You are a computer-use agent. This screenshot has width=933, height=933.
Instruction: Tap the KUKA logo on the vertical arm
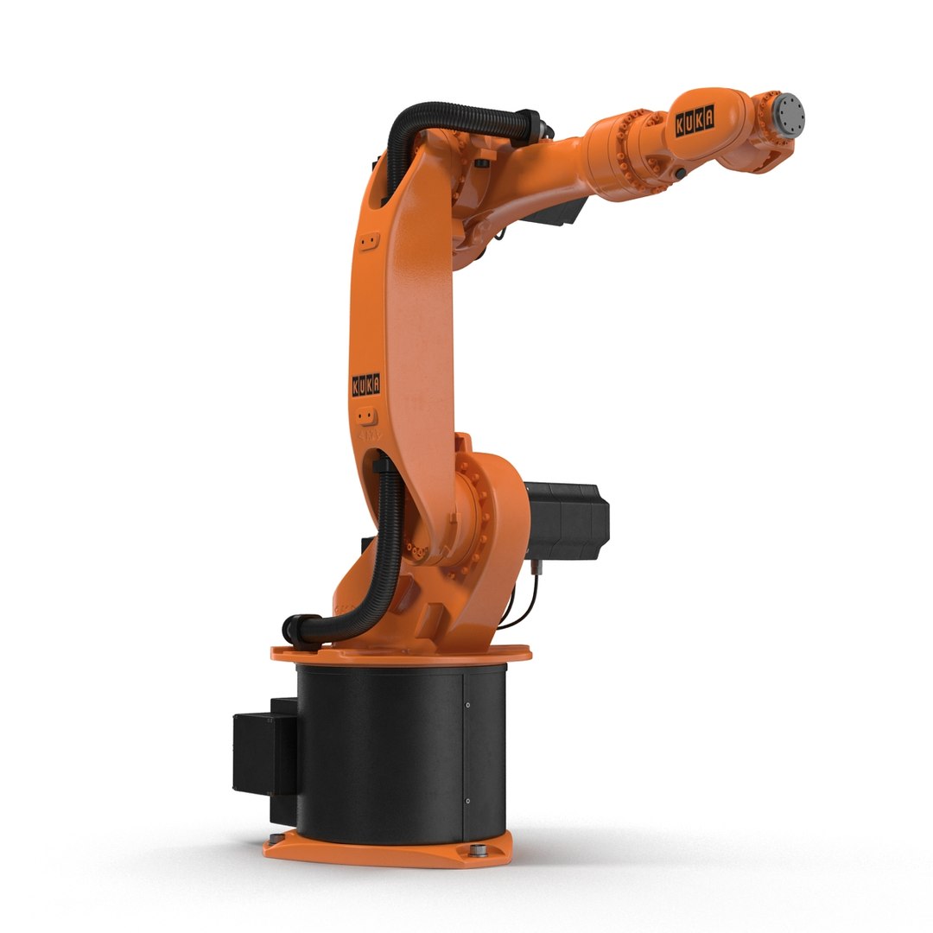(365, 384)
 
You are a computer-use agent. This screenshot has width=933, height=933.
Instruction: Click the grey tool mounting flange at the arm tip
(788, 113)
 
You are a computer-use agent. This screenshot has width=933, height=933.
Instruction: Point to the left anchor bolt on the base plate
(275, 838)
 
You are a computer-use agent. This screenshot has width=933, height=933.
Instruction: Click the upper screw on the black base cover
(467, 705)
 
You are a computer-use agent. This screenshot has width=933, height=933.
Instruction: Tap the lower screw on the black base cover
(467, 802)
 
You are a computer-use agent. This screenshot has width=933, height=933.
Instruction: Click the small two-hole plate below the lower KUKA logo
(367, 416)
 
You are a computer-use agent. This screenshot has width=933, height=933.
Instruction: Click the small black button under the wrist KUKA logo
(682, 174)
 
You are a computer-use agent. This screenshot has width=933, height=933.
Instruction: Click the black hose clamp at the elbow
(528, 125)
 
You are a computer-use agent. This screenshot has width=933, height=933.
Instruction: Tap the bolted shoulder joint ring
(473, 518)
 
